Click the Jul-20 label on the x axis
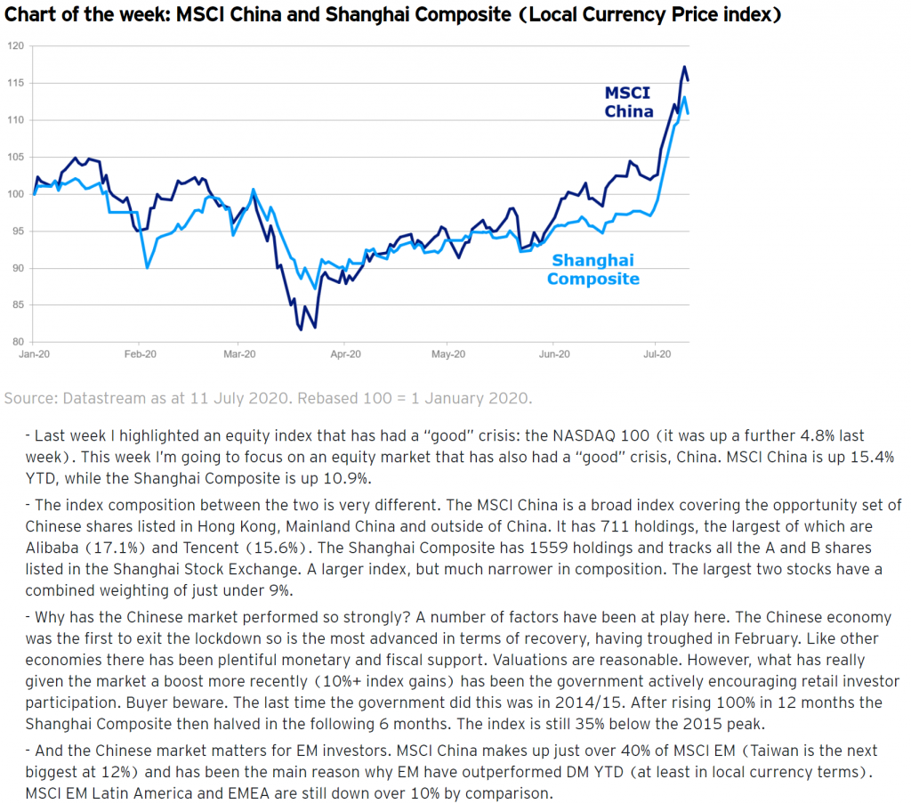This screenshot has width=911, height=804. tap(657, 353)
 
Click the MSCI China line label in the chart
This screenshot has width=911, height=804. tap(628, 102)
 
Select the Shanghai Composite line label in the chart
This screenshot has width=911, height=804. tap(593, 269)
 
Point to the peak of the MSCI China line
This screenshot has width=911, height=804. tap(684, 67)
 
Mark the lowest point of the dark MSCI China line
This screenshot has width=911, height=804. tap(301, 329)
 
